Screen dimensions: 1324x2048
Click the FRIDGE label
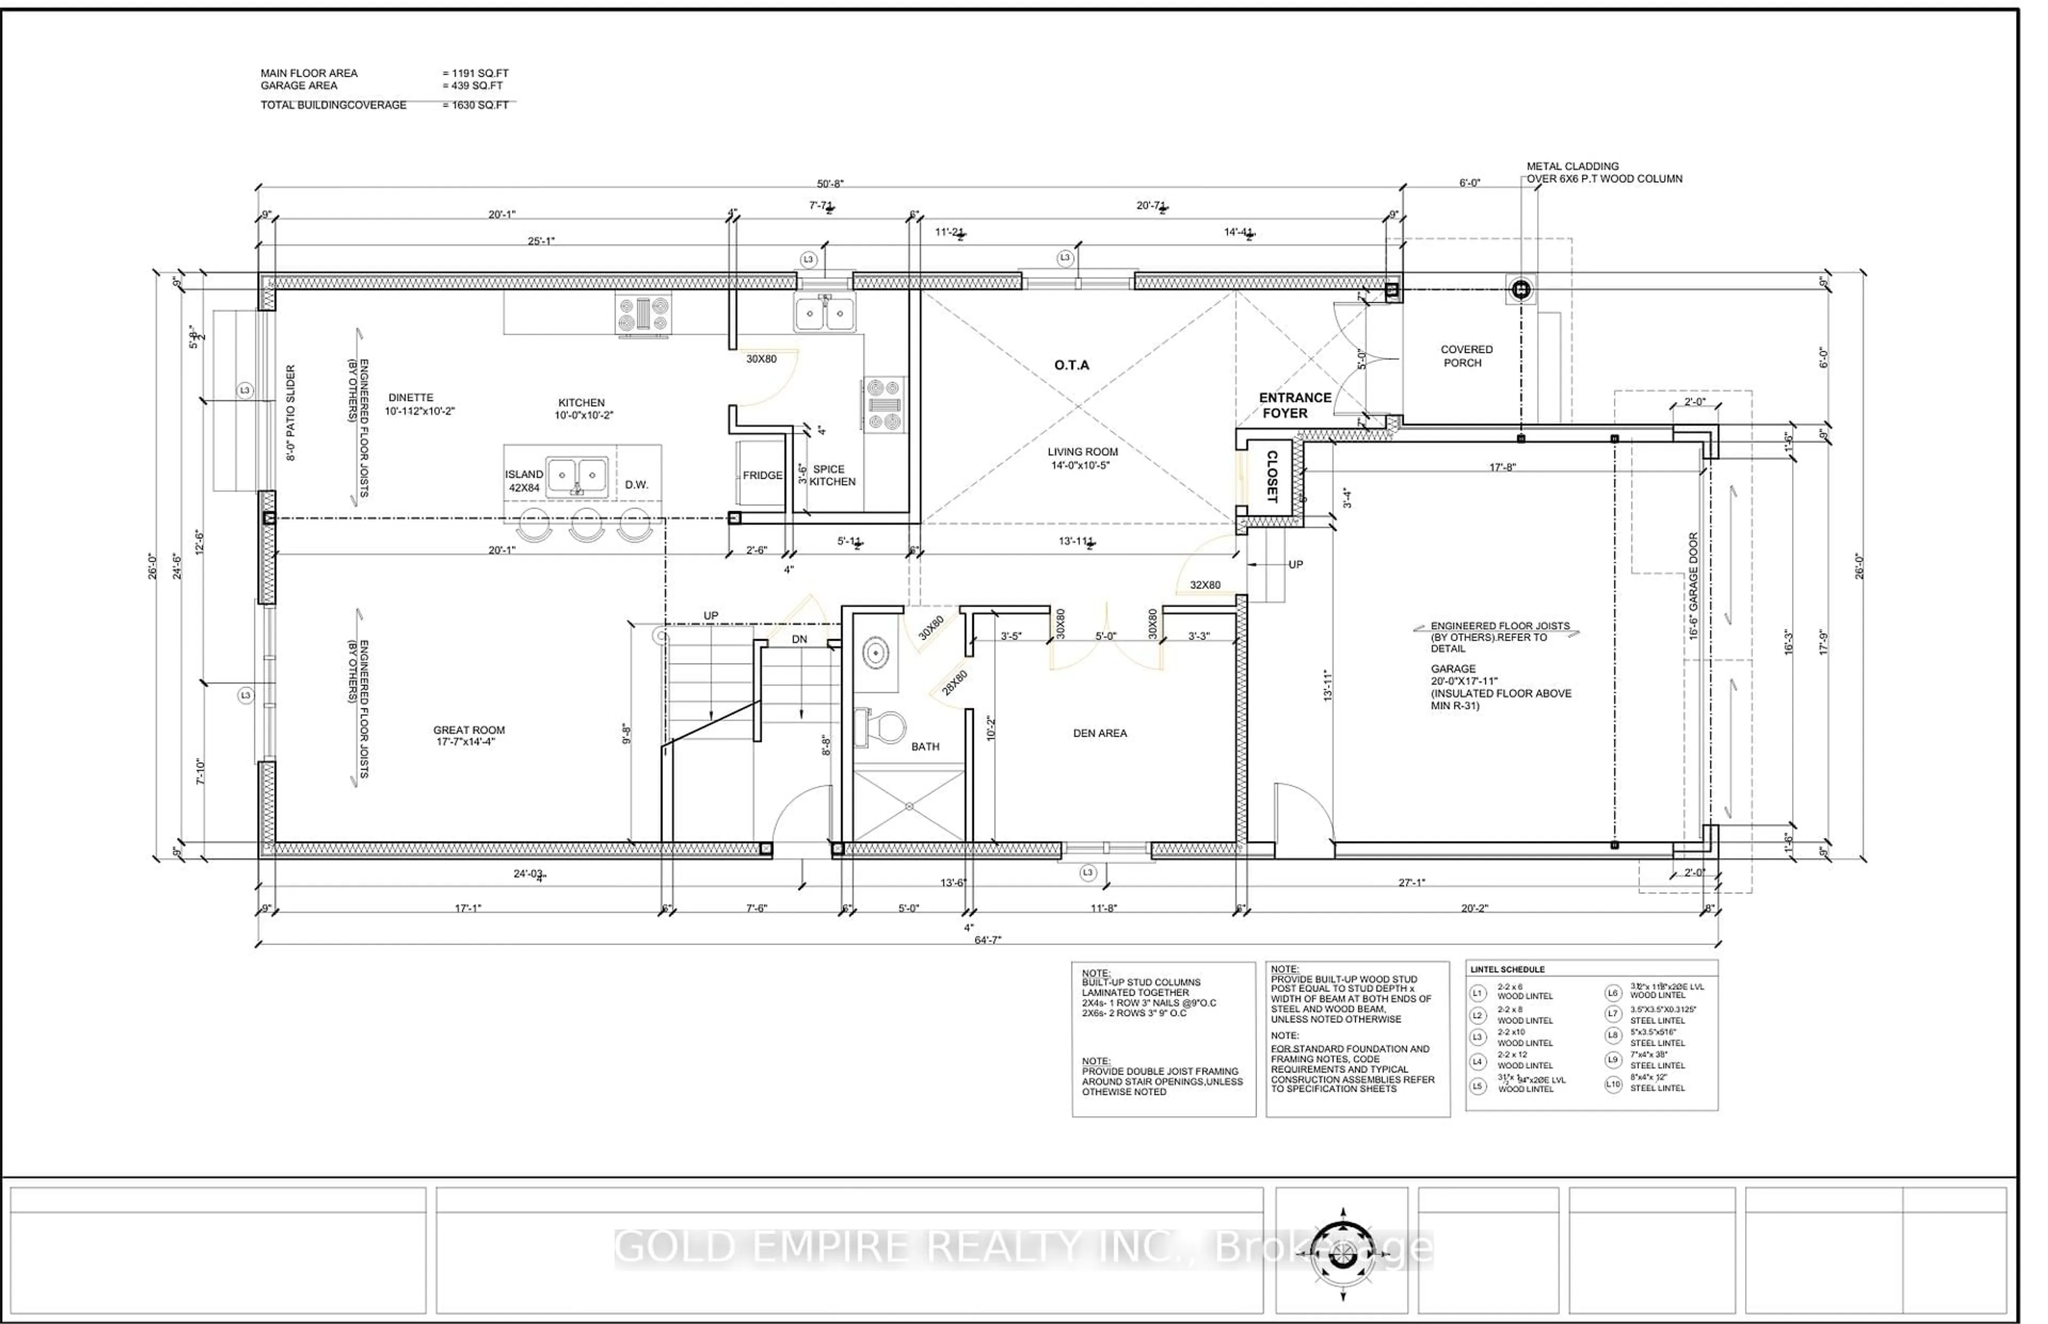point(762,475)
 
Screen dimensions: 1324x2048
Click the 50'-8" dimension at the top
point(829,184)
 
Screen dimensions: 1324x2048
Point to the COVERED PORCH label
point(1466,356)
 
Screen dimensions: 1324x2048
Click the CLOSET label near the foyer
point(1272,477)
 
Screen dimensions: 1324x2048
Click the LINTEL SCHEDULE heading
point(1507,970)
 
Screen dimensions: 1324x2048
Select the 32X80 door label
point(1204,585)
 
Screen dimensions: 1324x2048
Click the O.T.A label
point(1072,366)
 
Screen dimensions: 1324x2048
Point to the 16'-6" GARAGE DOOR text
point(1693,585)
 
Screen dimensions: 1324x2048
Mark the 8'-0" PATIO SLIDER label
point(291,413)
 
